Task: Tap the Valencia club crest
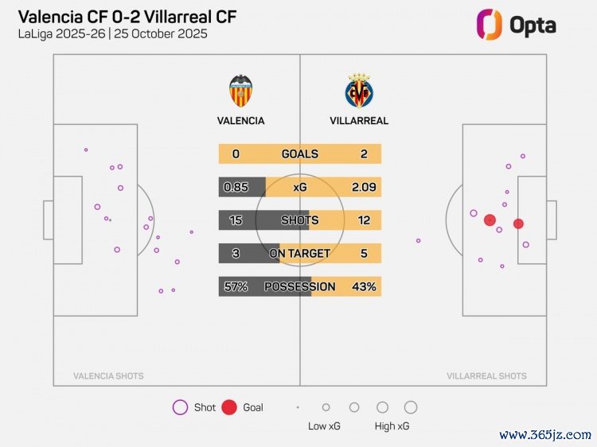tap(241, 91)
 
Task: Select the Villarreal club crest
tap(358, 91)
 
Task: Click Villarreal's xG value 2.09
tap(364, 187)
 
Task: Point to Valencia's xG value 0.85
tap(236, 187)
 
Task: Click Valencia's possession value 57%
tap(236, 286)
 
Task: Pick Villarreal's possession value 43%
tap(364, 286)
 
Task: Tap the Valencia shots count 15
tap(236, 220)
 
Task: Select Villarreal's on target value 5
tap(364, 253)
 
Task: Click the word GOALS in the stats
tap(300, 154)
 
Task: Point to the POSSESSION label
tap(300, 286)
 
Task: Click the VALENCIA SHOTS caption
tap(108, 376)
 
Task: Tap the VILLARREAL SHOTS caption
tap(486, 376)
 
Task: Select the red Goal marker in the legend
tap(229, 408)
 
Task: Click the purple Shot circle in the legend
tap(180, 408)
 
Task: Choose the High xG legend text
tap(392, 426)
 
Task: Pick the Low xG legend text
tap(325, 426)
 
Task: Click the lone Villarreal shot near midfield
tap(418, 240)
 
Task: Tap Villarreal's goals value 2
tap(364, 154)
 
